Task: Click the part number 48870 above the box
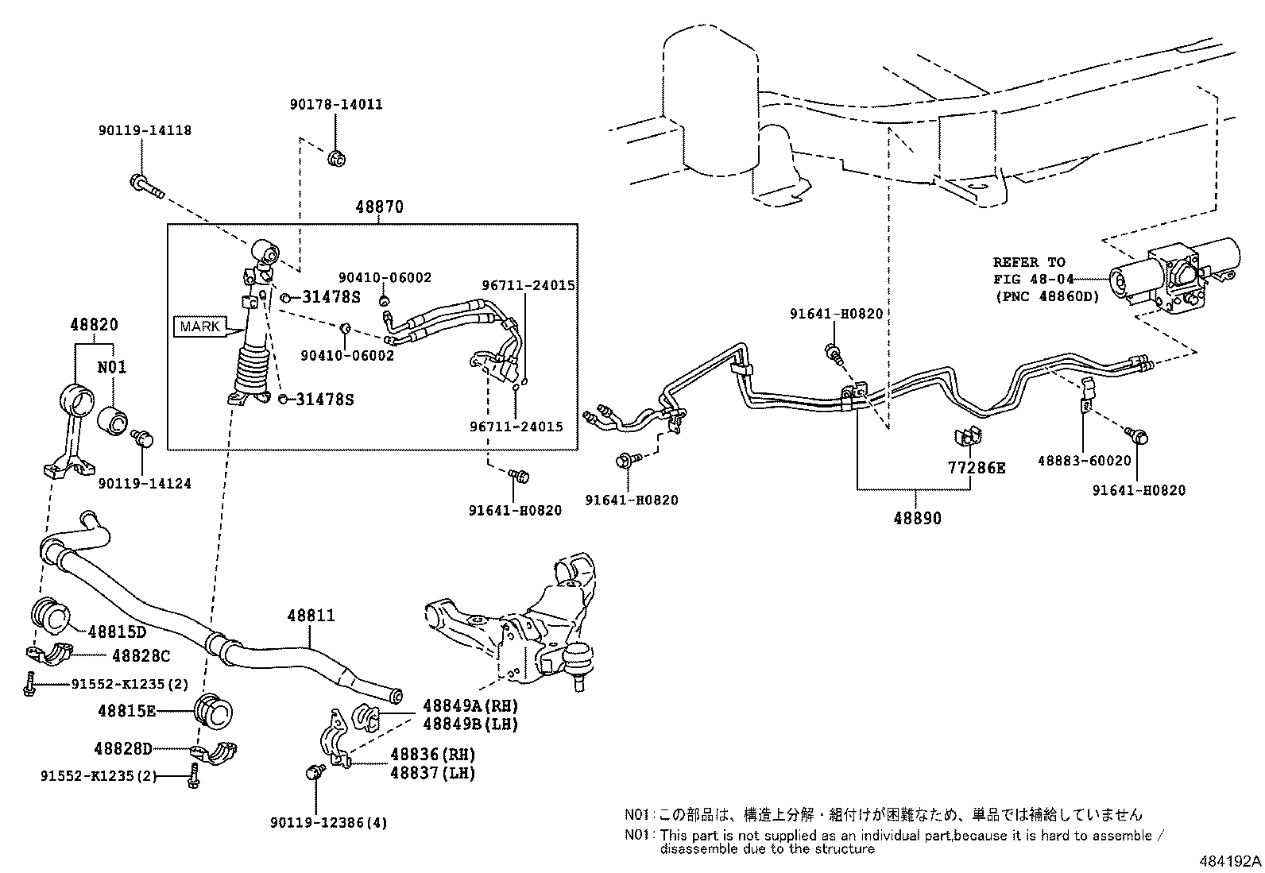(x=380, y=207)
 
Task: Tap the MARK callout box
(x=199, y=326)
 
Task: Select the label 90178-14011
(x=336, y=105)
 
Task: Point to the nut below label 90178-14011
(x=337, y=158)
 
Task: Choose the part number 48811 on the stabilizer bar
(x=311, y=615)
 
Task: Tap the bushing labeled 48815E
(x=214, y=711)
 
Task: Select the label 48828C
(x=141, y=655)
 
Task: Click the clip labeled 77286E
(x=968, y=437)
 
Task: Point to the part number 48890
(x=917, y=519)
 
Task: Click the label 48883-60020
(x=1085, y=461)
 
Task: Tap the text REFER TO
(x=1029, y=262)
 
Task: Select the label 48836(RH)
(x=432, y=755)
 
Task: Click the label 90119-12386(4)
(x=329, y=823)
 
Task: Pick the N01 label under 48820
(x=112, y=367)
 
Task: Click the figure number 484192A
(x=1230, y=861)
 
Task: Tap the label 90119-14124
(x=145, y=484)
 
